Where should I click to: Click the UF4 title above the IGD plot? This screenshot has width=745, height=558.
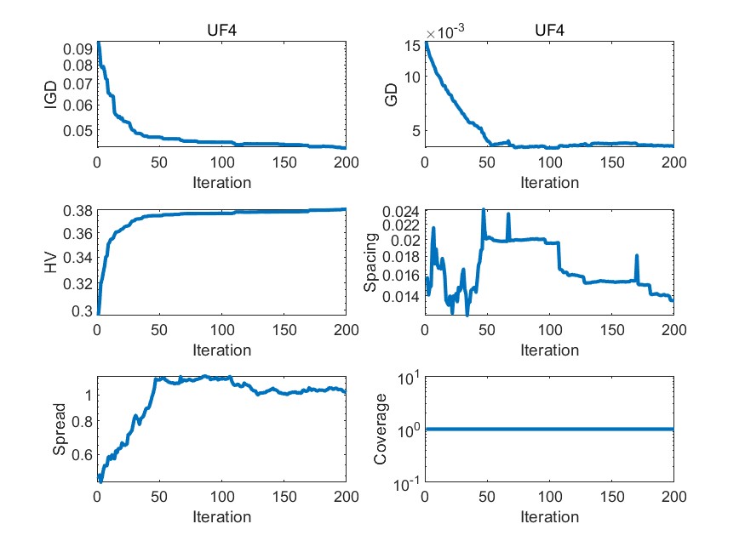coord(221,31)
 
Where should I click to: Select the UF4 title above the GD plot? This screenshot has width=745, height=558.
coord(549,31)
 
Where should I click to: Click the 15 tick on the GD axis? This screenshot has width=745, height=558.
coord(413,45)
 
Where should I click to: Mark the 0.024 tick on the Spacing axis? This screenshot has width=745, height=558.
coord(399,211)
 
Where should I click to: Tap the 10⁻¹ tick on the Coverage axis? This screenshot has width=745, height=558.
coord(404,482)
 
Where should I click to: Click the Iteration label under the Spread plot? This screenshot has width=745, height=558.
coord(221,517)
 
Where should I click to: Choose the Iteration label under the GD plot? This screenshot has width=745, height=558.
coord(549,182)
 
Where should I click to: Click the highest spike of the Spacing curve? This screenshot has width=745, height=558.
coord(484,209)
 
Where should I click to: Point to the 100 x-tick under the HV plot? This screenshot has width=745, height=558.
coord(221,331)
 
